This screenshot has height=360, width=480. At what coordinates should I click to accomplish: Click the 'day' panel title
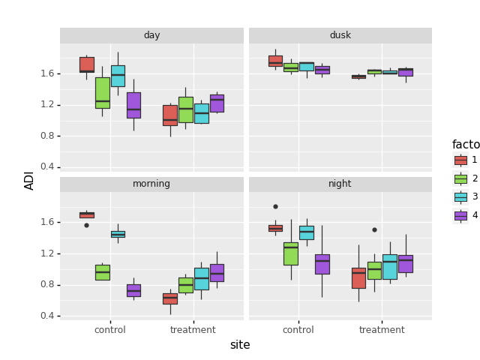151,35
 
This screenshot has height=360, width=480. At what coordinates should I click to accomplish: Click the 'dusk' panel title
340,35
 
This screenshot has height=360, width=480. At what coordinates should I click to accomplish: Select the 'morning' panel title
151,184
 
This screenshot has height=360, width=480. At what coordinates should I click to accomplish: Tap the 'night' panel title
340,184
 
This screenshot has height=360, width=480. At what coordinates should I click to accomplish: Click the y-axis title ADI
30,180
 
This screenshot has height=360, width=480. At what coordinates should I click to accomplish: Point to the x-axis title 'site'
240,345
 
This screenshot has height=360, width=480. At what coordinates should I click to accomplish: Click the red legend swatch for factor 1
460,160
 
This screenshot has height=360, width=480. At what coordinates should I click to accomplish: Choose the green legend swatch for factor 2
460,178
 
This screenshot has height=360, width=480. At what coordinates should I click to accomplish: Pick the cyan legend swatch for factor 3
460,196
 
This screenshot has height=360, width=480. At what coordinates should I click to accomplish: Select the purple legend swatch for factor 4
460,215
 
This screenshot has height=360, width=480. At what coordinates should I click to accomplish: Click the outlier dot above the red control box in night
275,206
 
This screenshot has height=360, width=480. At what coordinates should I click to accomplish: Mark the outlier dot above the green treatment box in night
374,229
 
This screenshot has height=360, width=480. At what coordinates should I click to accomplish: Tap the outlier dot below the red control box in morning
86,225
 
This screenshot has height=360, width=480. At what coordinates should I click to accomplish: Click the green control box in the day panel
103,93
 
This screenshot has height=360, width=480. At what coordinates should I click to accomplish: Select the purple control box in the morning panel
133,290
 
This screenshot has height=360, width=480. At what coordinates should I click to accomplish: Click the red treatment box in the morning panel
170,298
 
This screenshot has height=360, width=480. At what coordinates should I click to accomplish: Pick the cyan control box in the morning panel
118,234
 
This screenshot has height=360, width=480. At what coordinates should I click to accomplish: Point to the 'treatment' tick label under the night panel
382,330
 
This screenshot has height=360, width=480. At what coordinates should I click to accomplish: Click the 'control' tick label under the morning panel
110,330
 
